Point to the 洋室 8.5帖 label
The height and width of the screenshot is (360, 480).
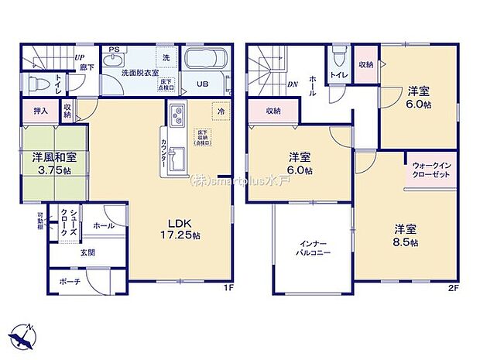coord(406,235)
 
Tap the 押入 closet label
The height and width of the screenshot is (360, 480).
coord(40,111)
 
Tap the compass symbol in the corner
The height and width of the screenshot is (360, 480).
coord(22,334)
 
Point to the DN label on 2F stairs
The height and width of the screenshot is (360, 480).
coord(293,84)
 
